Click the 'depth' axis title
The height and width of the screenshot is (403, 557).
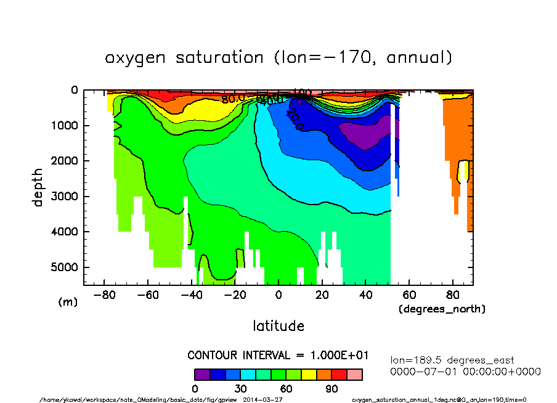(38, 187)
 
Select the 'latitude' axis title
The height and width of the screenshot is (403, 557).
(278, 325)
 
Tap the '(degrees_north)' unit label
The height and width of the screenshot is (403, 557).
(442, 309)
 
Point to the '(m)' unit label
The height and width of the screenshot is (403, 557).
(67, 303)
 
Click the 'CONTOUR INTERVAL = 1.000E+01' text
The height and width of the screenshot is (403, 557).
(278, 355)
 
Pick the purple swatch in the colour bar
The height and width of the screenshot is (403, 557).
(202, 374)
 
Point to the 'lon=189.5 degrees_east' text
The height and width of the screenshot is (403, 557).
(452, 360)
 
